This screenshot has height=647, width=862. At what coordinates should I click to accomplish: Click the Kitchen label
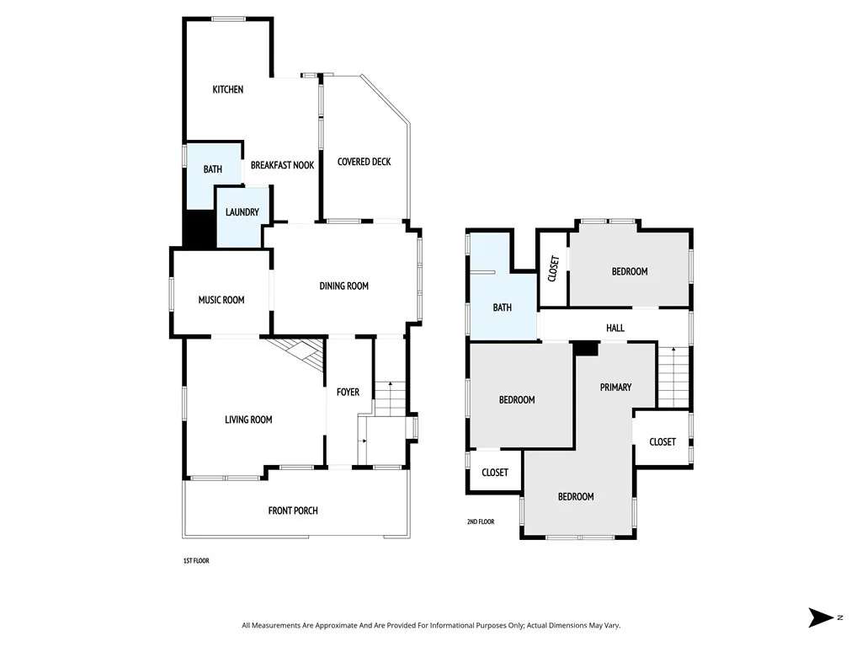click(x=227, y=89)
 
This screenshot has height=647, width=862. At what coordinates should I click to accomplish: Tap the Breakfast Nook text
click(x=282, y=165)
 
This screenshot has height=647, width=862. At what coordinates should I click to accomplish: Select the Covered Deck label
click(x=364, y=162)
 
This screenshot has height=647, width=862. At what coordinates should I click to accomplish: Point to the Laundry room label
click(x=242, y=212)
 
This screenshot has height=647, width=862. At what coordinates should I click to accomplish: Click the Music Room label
click(x=221, y=300)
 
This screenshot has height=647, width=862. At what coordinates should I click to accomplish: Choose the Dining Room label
click(x=343, y=286)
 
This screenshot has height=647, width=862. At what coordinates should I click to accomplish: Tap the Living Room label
click(x=248, y=420)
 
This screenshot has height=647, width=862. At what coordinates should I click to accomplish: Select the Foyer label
click(x=348, y=392)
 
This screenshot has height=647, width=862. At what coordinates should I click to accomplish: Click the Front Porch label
click(x=293, y=511)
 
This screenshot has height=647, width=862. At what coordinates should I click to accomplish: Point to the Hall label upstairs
click(x=615, y=328)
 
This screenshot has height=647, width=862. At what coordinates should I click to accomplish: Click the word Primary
click(x=615, y=387)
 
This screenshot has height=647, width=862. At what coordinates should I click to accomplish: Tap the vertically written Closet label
click(x=553, y=269)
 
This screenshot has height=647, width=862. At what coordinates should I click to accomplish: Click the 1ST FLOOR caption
click(x=195, y=560)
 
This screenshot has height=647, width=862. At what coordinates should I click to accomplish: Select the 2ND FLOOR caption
click(x=481, y=521)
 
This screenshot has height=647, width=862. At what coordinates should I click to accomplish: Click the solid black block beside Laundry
click(x=200, y=229)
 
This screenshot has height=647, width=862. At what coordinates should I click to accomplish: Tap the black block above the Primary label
click(x=585, y=348)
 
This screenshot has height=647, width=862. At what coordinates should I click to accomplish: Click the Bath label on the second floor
click(x=502, y=307)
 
